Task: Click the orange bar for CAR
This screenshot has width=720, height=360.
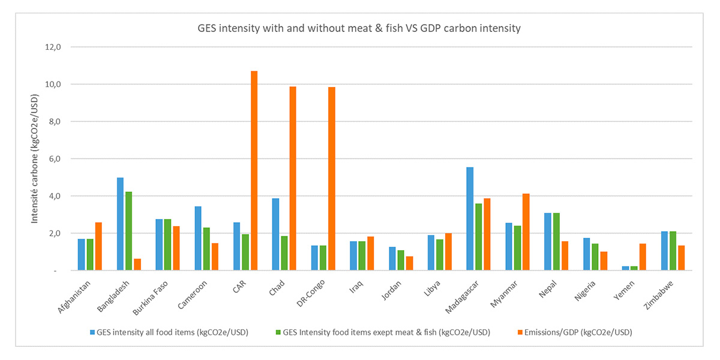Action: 254,171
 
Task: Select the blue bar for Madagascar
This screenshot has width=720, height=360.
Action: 470,219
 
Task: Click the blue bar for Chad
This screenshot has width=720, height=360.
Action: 275,235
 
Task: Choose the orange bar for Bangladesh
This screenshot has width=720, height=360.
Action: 137,265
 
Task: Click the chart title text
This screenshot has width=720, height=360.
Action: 359,28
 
